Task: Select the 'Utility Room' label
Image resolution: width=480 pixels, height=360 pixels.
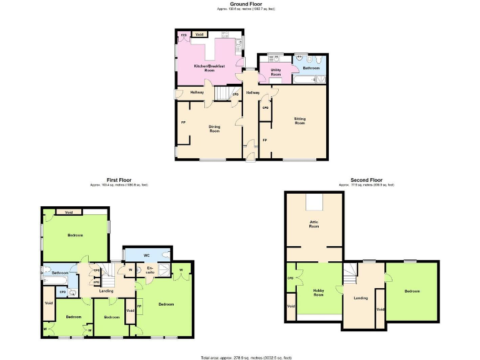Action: pos(276,72)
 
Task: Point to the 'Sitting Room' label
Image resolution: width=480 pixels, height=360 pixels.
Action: pos(300,120)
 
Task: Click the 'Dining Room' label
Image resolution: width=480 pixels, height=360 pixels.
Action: pos(214,129)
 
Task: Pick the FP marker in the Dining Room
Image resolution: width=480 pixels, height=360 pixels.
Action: pos(183,122)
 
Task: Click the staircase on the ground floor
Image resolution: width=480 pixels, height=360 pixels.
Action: pos(223,93)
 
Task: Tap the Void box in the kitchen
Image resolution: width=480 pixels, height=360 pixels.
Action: pos(199,34)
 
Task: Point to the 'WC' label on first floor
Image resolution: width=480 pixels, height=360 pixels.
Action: pos(146,255)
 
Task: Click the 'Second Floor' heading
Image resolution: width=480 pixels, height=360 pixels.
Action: pos(366,180)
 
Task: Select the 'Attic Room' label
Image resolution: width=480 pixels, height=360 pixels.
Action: pos(314,224)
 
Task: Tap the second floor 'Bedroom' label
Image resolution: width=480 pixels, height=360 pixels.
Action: pos(412,291)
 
